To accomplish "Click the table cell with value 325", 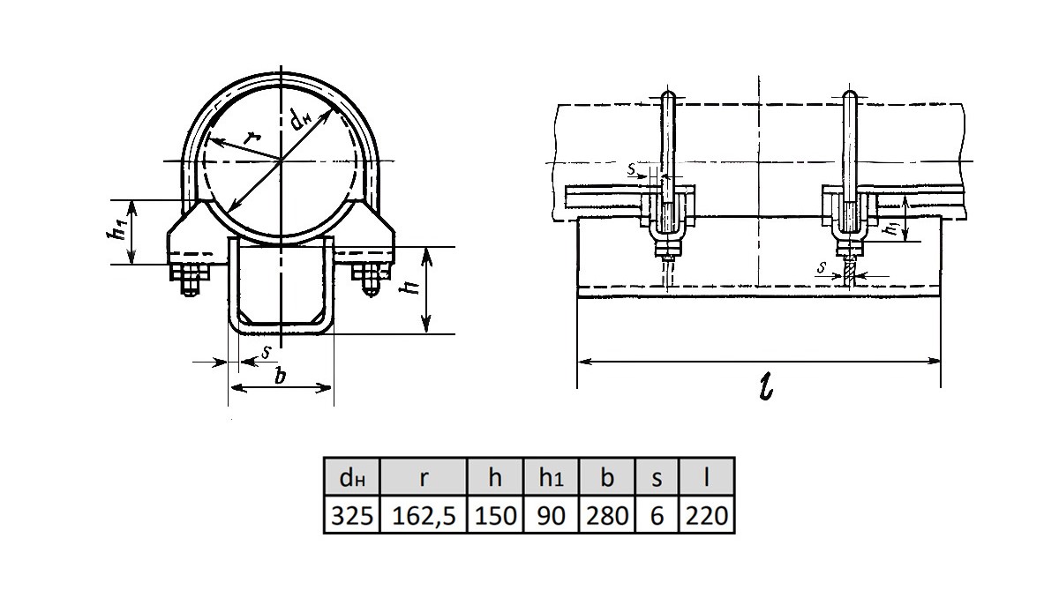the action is pos(352,515).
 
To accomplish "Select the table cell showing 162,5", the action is pos(424,515).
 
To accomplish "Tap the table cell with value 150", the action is pos(495,515).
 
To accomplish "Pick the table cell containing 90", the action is pos(552,515).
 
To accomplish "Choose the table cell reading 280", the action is pos(607,515).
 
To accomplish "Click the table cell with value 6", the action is pos(657,515).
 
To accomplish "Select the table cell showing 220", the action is pos(706,515).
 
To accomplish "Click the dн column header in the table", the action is pos(352,476).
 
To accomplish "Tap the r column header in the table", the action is pos(424,476).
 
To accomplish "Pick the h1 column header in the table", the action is pos(552,476).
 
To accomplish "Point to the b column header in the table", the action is pos(607,476).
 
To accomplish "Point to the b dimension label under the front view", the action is pos(281,377).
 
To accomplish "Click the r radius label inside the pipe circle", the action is pos(252,138).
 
